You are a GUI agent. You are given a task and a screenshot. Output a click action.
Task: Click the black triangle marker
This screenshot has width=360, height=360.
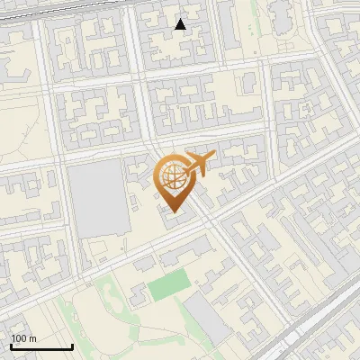[180, 24]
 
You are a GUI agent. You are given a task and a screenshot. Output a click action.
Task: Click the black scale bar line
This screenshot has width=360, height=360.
[41, 346]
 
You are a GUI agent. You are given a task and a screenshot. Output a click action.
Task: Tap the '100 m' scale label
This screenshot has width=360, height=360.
[24, 338]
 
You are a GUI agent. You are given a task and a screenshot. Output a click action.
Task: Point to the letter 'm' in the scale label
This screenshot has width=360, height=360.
[33, 338]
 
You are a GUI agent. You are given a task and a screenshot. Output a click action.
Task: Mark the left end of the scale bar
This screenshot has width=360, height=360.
[11, 346]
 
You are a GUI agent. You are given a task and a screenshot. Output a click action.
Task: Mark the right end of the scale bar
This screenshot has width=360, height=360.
[72, 346]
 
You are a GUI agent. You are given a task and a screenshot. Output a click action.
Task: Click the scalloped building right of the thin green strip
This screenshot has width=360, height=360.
[282, 13]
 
